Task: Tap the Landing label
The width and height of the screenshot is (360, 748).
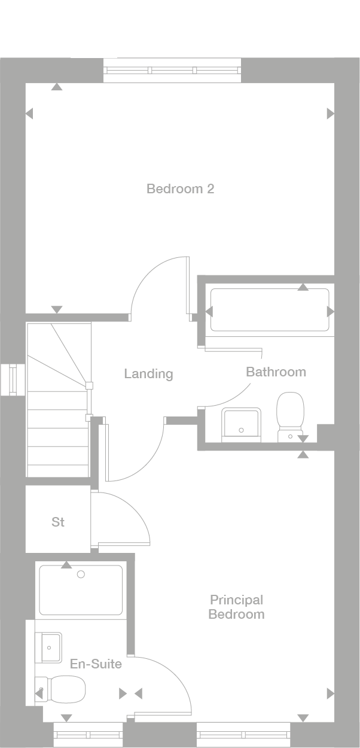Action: (x=148, y=374)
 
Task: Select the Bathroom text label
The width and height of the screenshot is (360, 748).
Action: (x=276, y=372)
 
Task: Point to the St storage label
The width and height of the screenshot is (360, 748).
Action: (x=58, y=522)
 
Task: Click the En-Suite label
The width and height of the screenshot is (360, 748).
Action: (x=96, y=664)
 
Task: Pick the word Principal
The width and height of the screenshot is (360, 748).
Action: (x=236, y=600)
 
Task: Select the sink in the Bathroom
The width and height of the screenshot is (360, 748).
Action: (x=241, y=424)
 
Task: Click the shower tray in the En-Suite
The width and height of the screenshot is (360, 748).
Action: (x=81, y=590)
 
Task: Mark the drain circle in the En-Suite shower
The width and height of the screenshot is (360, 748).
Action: (x=81, y=574)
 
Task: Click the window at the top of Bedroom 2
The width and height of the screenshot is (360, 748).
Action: (x=173, y=70)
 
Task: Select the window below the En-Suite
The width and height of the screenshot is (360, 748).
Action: (x=88, y=731)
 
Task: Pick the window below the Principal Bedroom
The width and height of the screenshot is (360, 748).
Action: (x=243, y=731)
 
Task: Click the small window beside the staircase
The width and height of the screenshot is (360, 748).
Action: (x=12, y=380)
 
